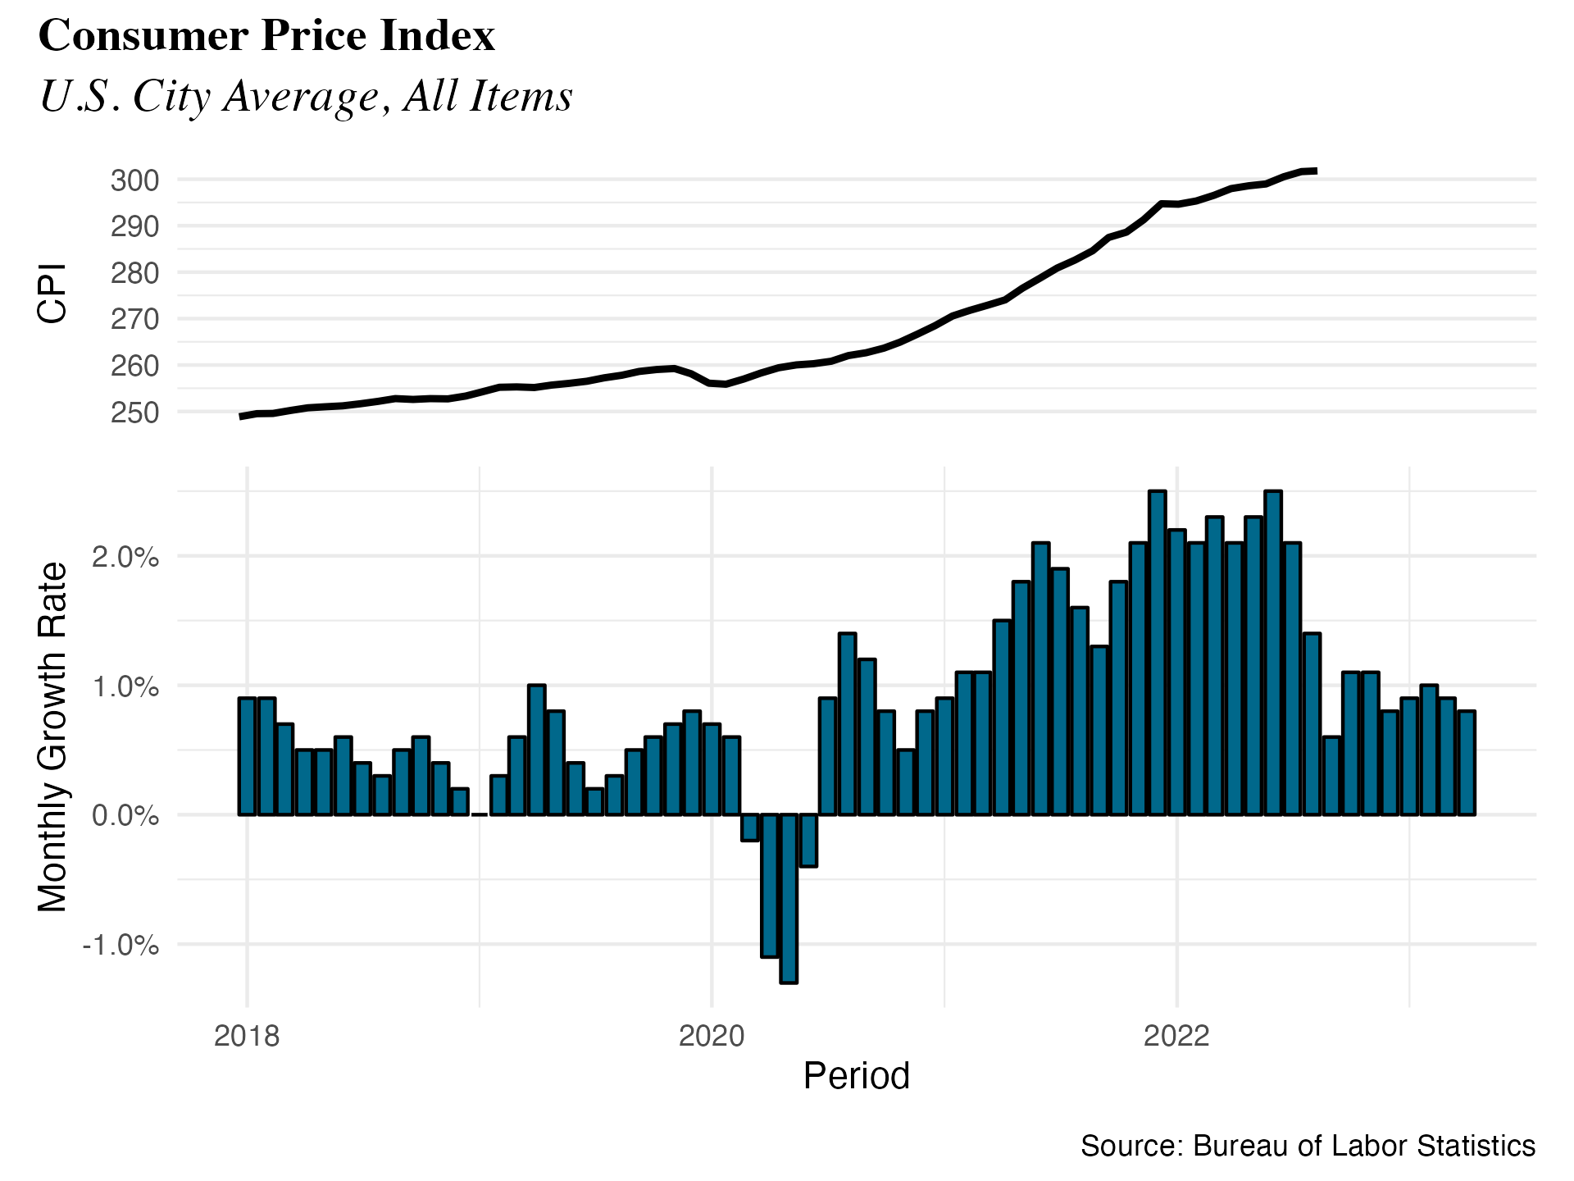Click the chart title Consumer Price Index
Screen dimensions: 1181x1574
pos(267,36)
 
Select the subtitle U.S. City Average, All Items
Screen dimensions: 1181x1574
pos(306,97)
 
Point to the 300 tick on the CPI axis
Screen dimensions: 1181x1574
pos(135,180)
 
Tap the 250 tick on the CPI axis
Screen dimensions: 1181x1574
pos(135,413)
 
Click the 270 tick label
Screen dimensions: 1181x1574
pos(135,319)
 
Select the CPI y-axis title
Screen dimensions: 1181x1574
pos(52,294)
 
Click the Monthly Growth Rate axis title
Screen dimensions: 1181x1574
pos(52,736)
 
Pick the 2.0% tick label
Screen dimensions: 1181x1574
pos(125,558)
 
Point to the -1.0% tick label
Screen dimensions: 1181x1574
pos(121,946)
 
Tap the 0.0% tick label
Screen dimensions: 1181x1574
pos(125,816)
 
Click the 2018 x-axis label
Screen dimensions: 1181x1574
pos(247,1037)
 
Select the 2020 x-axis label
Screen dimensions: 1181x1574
pos(712,1037)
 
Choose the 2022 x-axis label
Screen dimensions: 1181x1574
pos(1176,1037)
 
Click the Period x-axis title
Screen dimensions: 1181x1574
pos(856,1076)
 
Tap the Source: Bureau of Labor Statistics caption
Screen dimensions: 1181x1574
pos(1308,1146)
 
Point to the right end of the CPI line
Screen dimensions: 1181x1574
pos(1315,171)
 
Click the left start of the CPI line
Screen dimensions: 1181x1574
pos(241,417)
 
